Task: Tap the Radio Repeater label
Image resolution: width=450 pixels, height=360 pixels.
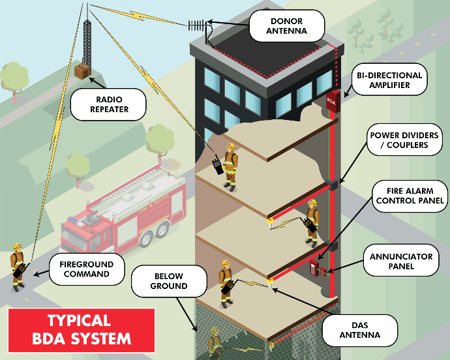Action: tap(109, 104)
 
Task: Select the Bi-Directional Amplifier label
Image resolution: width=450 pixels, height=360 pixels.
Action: tap(389, 80)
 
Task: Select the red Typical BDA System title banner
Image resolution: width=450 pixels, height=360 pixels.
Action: tap(80, 330)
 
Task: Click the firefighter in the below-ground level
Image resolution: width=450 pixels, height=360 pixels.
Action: tap(214, 342)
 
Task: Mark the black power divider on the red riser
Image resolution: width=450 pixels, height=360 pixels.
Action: tap(334, 185)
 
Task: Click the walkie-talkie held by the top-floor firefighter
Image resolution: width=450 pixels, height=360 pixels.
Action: tap(217, 166)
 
